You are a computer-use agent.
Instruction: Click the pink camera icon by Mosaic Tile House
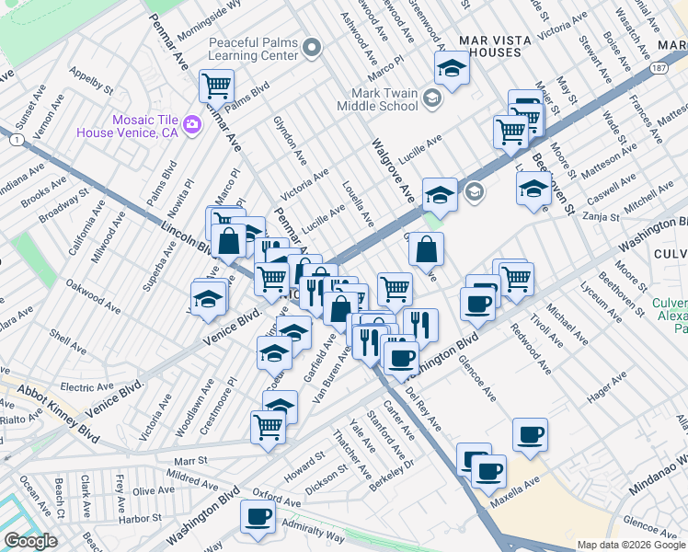pyautogui.click(x=192, y=124)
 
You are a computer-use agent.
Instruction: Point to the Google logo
pyautogui.click(x=30, y=541)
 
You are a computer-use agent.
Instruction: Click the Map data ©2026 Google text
pyautogui.click(x=631, y=545)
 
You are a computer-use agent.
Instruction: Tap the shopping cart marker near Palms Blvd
pyautogui.click(x=216, y=86)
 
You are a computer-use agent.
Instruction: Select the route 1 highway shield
pyautogui.click(x=17, y=139)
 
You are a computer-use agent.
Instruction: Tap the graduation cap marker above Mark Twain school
pyautogui.click(x=452, y=66)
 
